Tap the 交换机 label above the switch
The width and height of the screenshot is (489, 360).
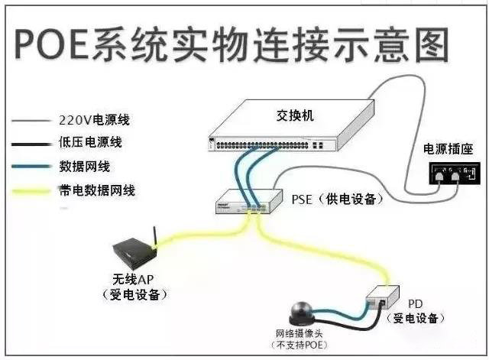(295, 116)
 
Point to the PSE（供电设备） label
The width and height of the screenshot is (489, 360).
(337, 199)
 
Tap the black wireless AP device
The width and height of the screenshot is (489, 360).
(133, 251)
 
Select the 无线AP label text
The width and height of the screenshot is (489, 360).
(134, 280)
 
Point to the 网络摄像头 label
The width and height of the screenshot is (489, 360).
(298, 335)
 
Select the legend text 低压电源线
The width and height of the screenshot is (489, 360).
(90, 143)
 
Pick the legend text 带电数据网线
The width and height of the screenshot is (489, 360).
(97, 190)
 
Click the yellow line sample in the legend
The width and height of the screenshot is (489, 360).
(30, 190)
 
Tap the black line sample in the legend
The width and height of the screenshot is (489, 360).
(30, 143)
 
